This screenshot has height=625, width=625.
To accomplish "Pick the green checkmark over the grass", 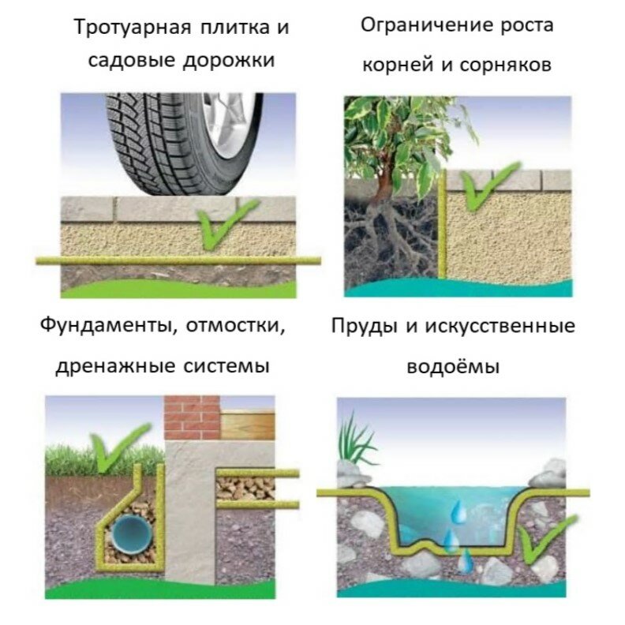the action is click(118, 447).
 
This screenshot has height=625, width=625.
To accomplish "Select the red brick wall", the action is click(190, 418).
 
